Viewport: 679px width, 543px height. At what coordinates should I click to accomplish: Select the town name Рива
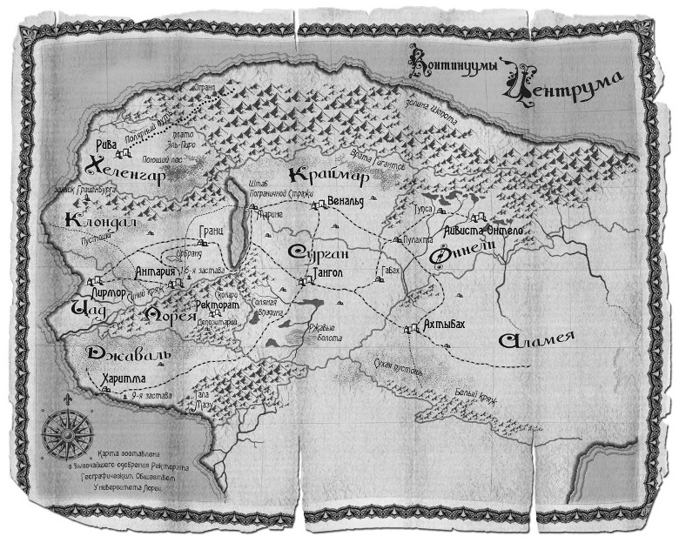point(105,146)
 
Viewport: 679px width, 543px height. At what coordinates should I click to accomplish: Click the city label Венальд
point(345,204)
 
